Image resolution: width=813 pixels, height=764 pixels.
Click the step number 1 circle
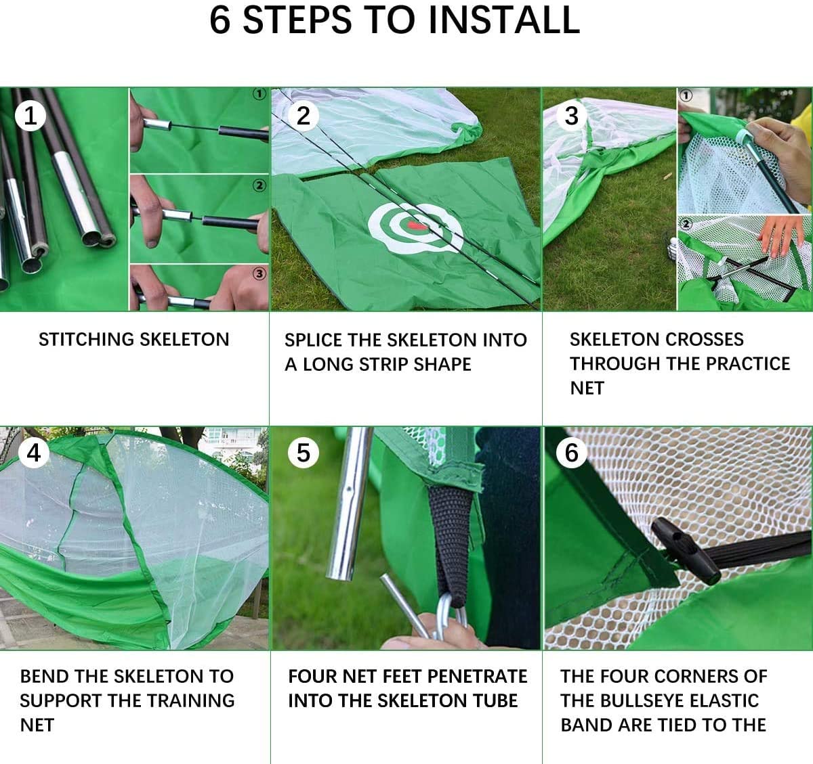click(x=30, y=116)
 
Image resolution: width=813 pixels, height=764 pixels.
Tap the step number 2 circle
click(x=303, y=116)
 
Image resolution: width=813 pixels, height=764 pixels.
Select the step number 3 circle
click(x=571, y=116)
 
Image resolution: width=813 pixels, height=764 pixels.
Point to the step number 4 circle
click(x=33, y=452)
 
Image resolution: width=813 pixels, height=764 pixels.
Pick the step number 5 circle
click(x=303, y=452)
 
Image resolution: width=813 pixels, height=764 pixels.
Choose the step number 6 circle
click(x=571, y=452)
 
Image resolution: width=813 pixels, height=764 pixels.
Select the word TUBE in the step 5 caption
click(x=494, y=700)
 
